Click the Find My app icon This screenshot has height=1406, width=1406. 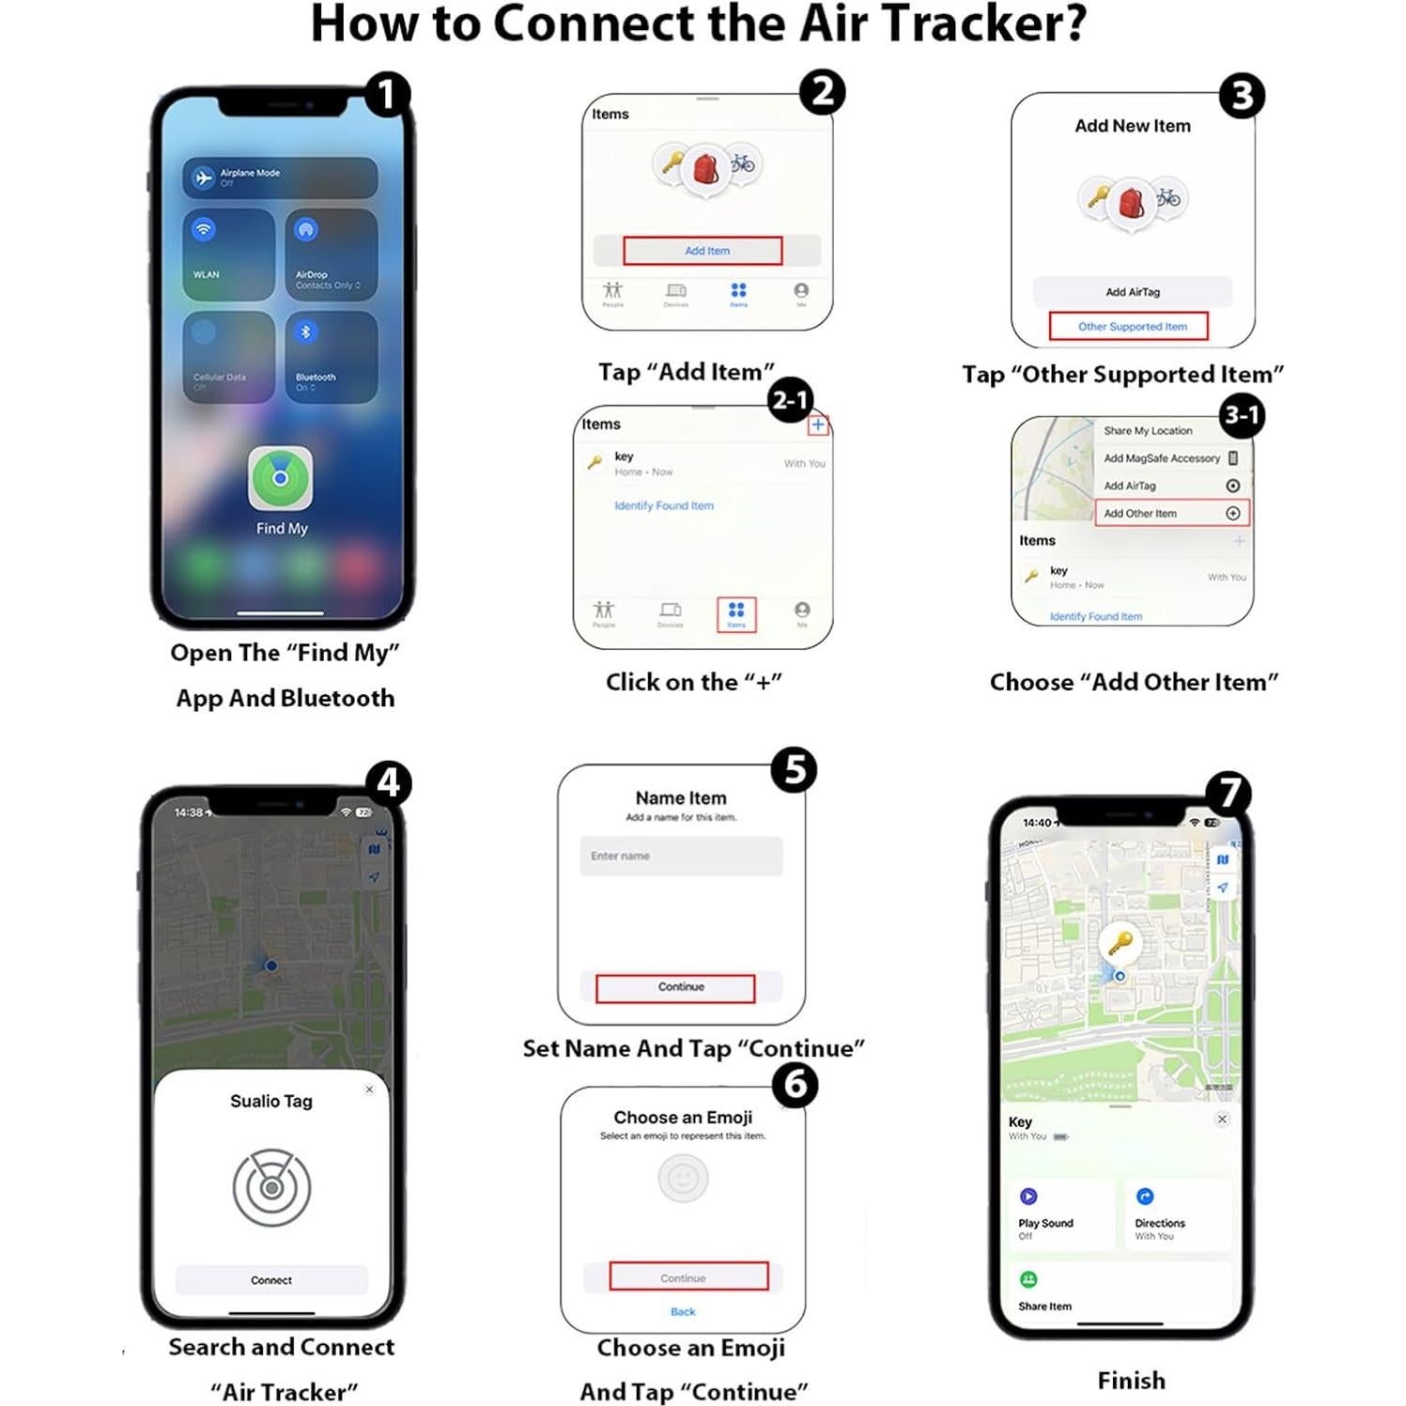click(x=280, y=478)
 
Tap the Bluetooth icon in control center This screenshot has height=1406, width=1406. click(x=305, y=332)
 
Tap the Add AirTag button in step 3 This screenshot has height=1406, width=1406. click(x=1132, y=292)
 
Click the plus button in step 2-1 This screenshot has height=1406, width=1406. click(x=818, y=425)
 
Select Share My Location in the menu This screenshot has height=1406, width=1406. click(x=1148, y=431)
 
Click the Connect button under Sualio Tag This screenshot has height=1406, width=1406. click(x=271, y=1280)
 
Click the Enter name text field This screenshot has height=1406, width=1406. click(x=681, y=856)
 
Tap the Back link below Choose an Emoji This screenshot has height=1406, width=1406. click(x=683, y=1311)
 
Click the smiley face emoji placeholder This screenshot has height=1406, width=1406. click(x=683, y=1178)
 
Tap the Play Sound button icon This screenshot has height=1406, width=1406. click(x=1028, y=1197)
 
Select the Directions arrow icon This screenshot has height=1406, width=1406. click(x=1145, y=1197)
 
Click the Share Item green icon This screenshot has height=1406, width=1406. click(x=1028, y=1279)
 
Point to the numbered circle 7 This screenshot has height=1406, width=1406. click(x=1229, y=793)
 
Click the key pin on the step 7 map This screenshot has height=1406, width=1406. click(x=1120, y=942)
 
